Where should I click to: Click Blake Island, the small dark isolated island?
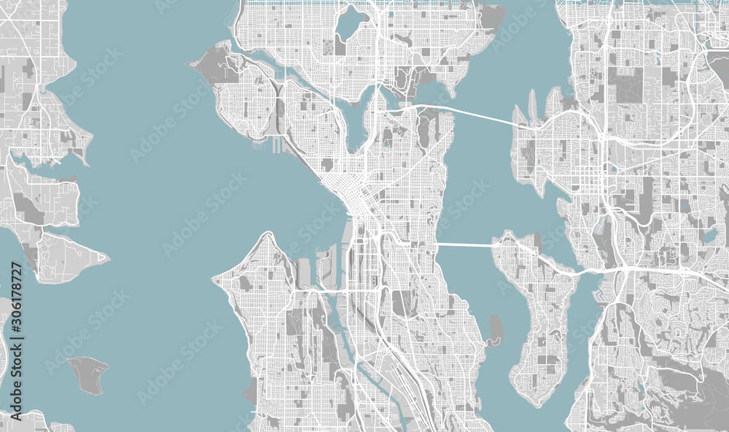click(89, 374)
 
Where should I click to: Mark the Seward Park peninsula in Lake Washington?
click(496, 330)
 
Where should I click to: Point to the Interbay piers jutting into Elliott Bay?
click(276, 145)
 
